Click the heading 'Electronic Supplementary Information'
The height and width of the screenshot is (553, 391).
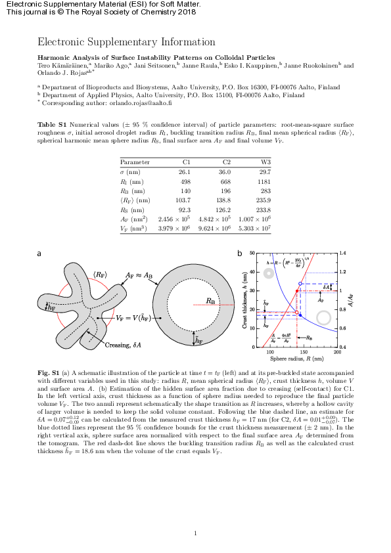pyautogui.click(x=126, y=42)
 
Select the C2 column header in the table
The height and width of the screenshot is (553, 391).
pyautogui.click(x=227, y=162)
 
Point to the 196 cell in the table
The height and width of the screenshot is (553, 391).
pyautogui.click(x=226, y=191)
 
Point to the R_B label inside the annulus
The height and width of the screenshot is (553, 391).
pyautogui.click(x=212, y=301)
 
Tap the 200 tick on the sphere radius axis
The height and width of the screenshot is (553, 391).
pyautogui.click(x=338, y=353)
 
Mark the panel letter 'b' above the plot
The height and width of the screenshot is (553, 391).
pyautogui.click(x=240, y=254)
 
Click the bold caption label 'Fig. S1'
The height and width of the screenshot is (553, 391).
pyautogui.click(x=47, y=373)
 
